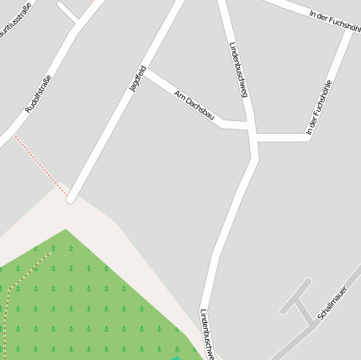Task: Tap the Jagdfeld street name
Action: (x=137, y=78)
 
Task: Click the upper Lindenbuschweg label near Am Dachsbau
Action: (x=238, y=69)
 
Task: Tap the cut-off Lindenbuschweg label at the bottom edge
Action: (x=207, y=335)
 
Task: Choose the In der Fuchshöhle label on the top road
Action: (x=335, y=19)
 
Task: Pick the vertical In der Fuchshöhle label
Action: (x=319, y=107)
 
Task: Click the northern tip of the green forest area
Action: (x=66, y=230)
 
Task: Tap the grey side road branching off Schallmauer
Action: (x=294, y=299)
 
